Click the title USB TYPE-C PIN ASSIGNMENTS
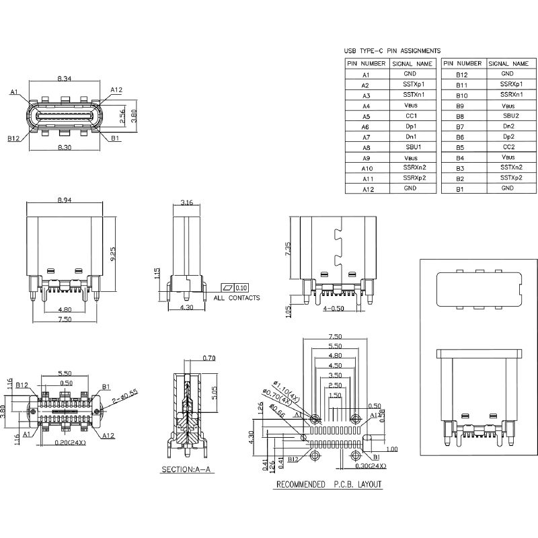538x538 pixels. (x=392, y=50)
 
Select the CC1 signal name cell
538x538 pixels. (x=410, y=116)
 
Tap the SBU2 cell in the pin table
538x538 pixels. (x=508, y=116)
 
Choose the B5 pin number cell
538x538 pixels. (x=461, y=147)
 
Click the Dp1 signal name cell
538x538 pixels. (x=410, y=126)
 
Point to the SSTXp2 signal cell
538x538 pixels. (x=508, y=178)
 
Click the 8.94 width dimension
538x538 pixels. (x=65, y=200)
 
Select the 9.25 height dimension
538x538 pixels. (x=114, y=254)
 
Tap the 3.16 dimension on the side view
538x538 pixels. (x=188, y=202)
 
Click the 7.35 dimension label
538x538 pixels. (x=288, y=248)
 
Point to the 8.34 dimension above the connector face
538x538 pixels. (x=65, y=79)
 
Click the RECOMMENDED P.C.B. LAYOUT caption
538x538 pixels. (x=330, y=484)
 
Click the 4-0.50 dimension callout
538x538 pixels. (x=335, y=308)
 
